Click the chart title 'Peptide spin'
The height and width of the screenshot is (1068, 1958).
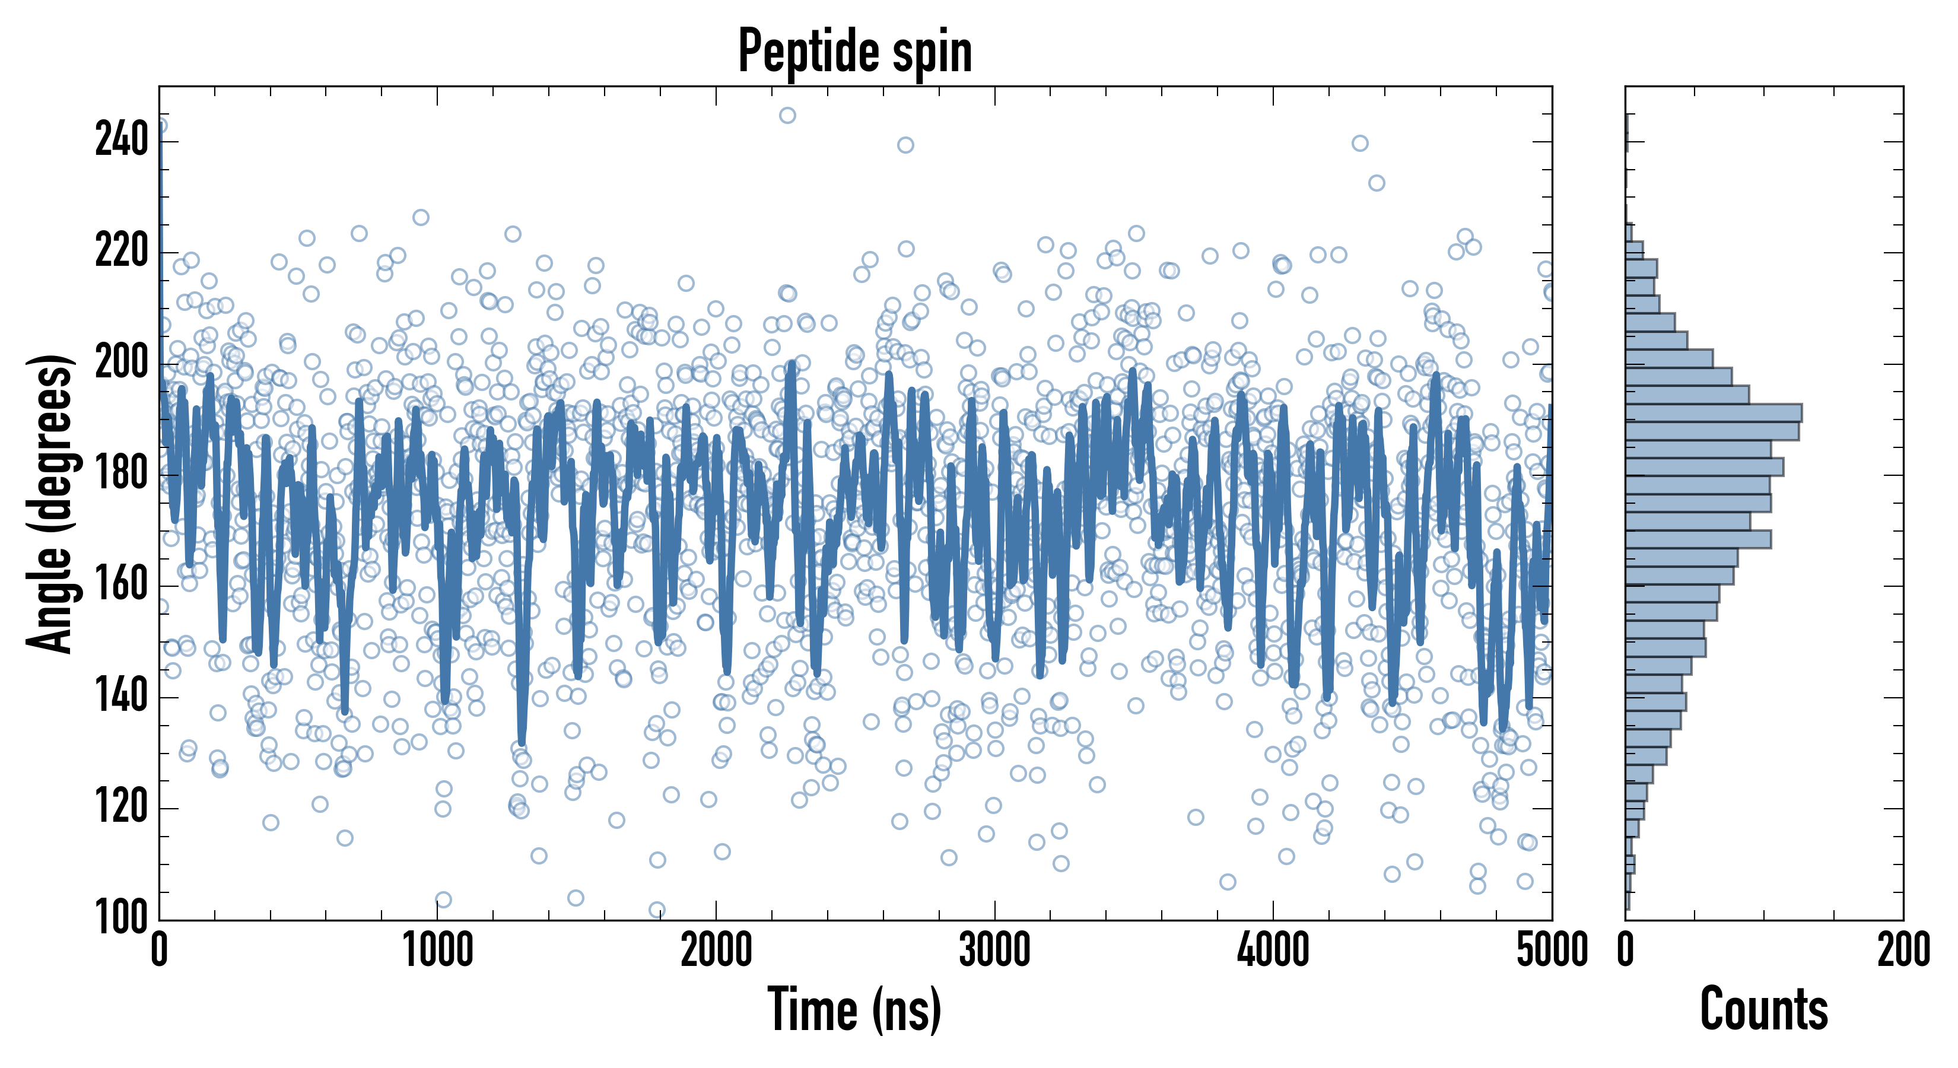click(855, 52)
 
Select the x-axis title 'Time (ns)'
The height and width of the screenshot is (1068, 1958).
click(855, 1009)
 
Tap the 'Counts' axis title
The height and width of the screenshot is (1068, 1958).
click(1763, 1009)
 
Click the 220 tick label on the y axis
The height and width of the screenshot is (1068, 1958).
click(122, 252)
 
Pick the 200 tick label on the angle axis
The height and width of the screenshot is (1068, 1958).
click(122, 363)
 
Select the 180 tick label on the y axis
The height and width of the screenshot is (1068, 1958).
click(122, 474)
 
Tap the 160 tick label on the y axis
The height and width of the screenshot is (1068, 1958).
click(122, 585)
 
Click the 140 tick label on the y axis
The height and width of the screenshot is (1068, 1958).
click(122, 697)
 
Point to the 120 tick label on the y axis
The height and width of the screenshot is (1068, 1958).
click(122, 808)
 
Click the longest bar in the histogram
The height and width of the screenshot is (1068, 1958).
click(1714, 413)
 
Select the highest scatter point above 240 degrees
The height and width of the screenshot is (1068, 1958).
click(787, 116)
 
